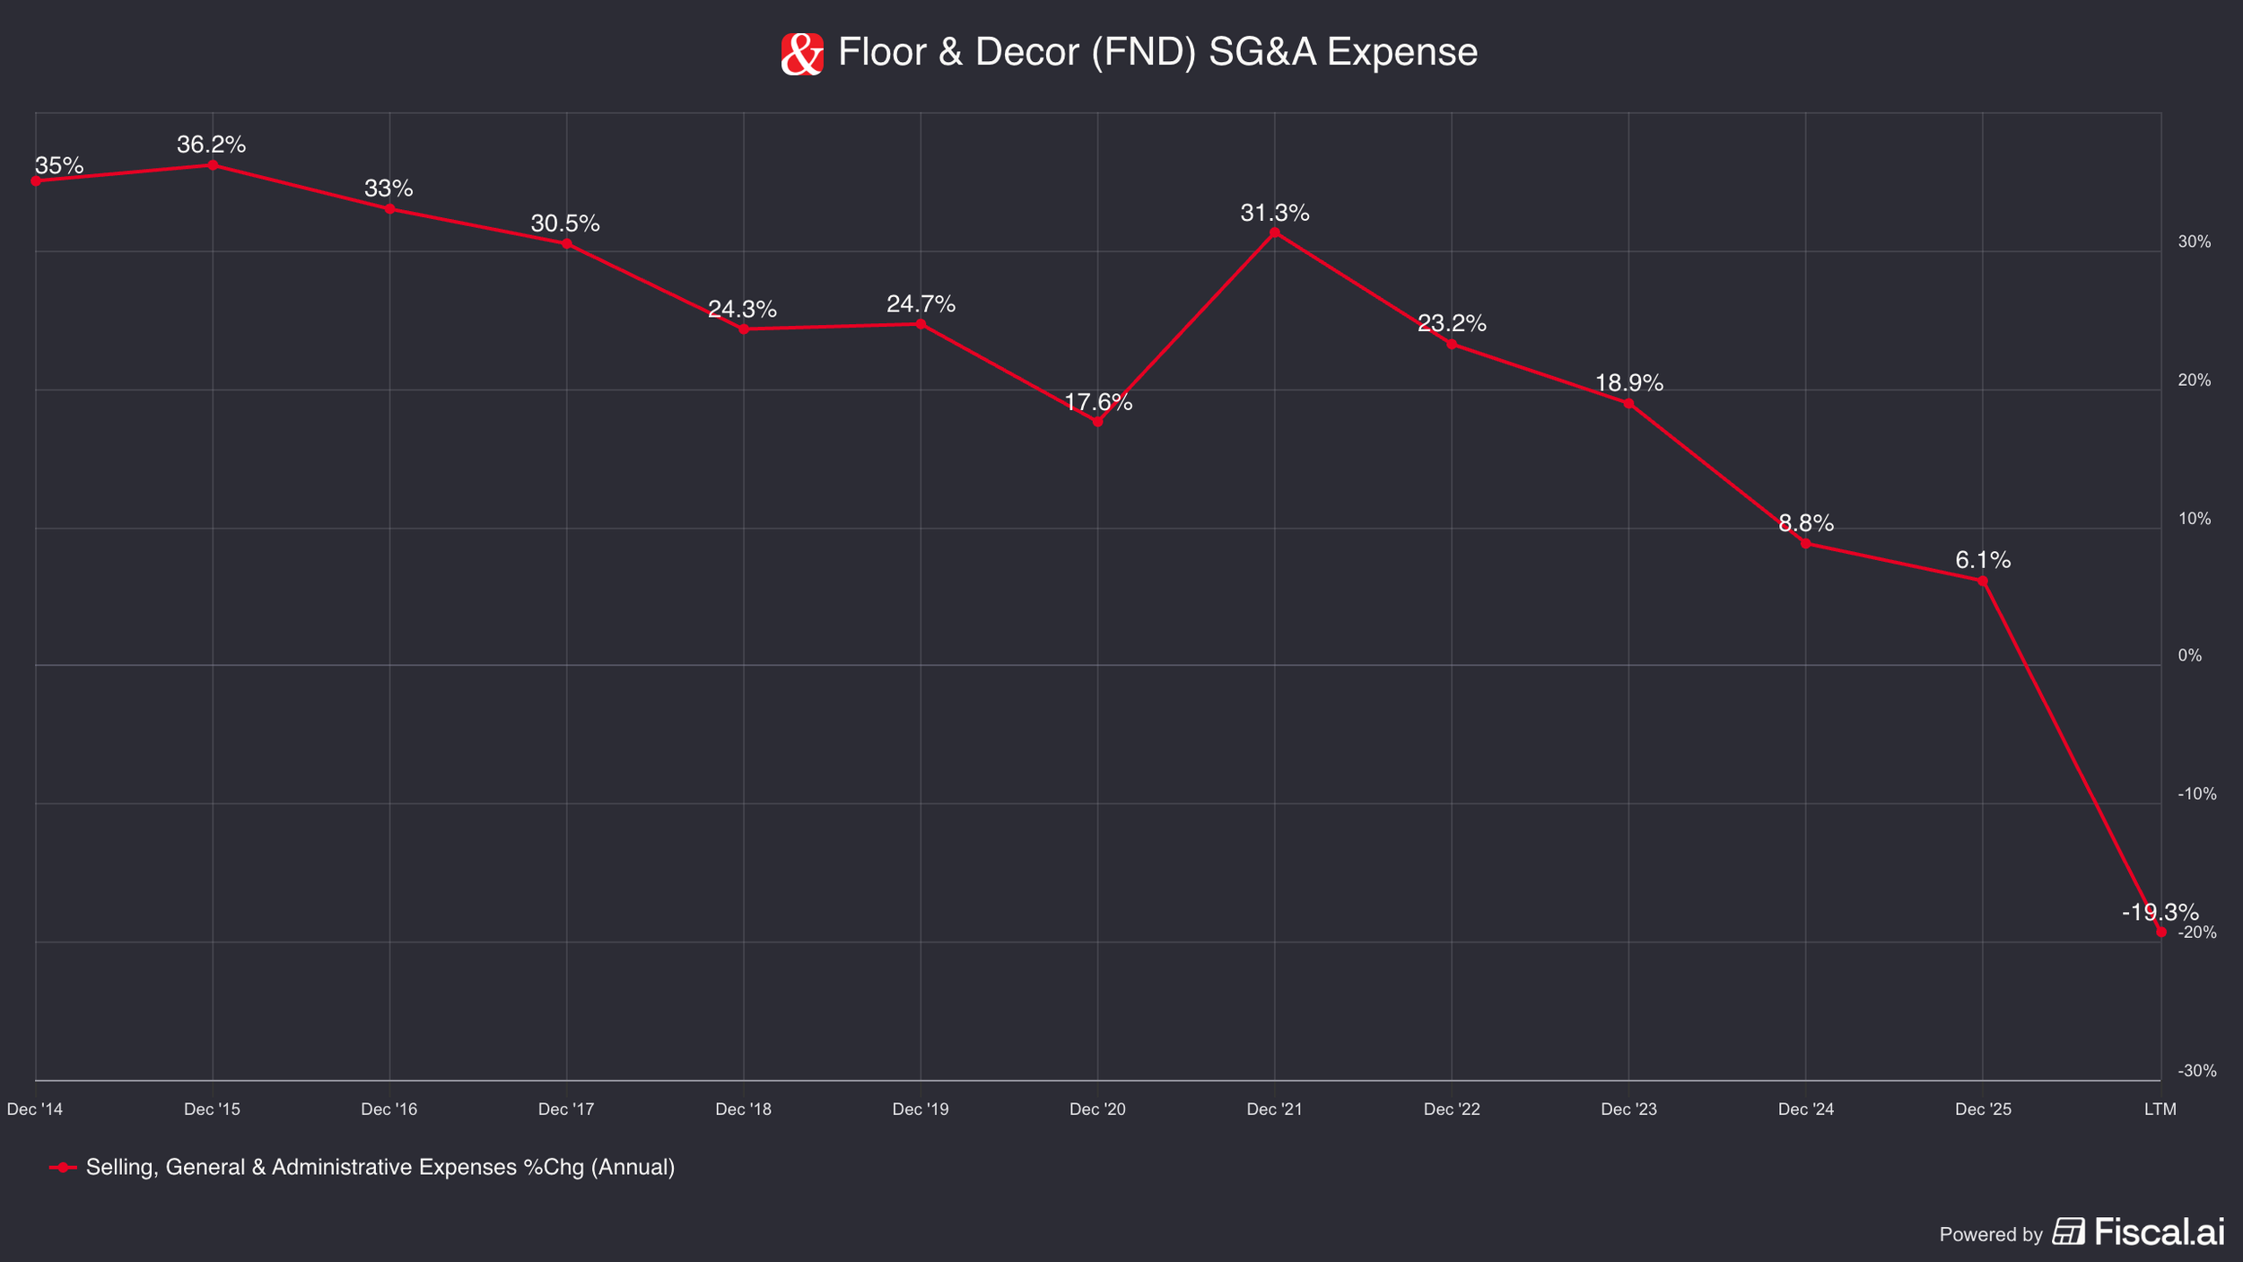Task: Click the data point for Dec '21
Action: (x=1275, y=232)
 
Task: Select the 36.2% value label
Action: (x=211, y=145)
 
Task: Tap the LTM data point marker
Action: (x=2160, y=933)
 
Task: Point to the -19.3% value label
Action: (x=2160, y=913)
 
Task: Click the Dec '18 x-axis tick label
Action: (x=743, y=1109)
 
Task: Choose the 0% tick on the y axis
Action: (x=2189, y=656)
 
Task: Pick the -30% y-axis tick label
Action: (x=2196, y=1071)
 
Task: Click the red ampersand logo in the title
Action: (x=802, y=54)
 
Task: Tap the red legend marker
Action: (x=62, y=1168)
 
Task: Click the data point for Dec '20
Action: (x=1097, y=422)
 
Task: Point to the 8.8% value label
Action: (x=1806, y=523)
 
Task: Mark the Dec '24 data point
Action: (x=1805, y=544)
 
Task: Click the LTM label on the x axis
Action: (x=2160, y=1109)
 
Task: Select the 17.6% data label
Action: (x=1098, y=403)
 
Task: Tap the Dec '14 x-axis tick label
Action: (x=35, y=1109)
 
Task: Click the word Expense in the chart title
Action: (x=1401, y=52)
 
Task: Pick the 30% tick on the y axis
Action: (x=2195, y=242)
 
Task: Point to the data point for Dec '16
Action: (x=389, y=209)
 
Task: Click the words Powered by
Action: (x=1991, y=1235)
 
